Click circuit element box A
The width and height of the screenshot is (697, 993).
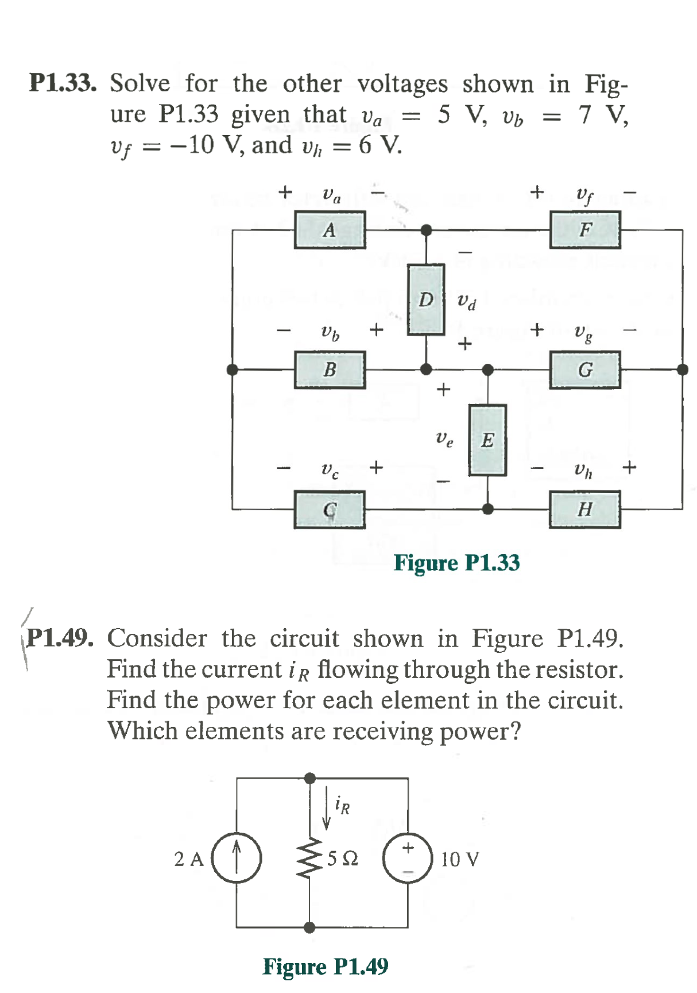tap(330, 230)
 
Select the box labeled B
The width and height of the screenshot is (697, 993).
tap(330, 370)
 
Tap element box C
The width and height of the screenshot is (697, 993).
tap(330, 509)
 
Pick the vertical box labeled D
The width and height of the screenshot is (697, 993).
tap(425, 299)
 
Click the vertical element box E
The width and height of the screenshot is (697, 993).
tap(487, 440)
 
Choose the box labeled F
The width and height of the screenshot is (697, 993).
tap(584, 230)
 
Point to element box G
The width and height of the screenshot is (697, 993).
tap(584, 370)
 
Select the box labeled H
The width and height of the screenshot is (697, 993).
tap(584, 509)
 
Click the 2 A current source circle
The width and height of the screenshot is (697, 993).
tap(237, 858)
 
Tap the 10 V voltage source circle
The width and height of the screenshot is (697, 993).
tap(408, 858)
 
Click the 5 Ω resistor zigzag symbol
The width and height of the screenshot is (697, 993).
tap(309, 858)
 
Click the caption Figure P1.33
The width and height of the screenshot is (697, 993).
tap(456, 563)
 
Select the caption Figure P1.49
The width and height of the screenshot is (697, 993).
tap(326, 966)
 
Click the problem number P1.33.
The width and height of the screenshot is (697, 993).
tap(63, 83)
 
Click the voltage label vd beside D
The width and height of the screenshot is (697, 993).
tap(466, 301)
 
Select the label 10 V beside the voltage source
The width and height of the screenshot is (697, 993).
tap(459, 860)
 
